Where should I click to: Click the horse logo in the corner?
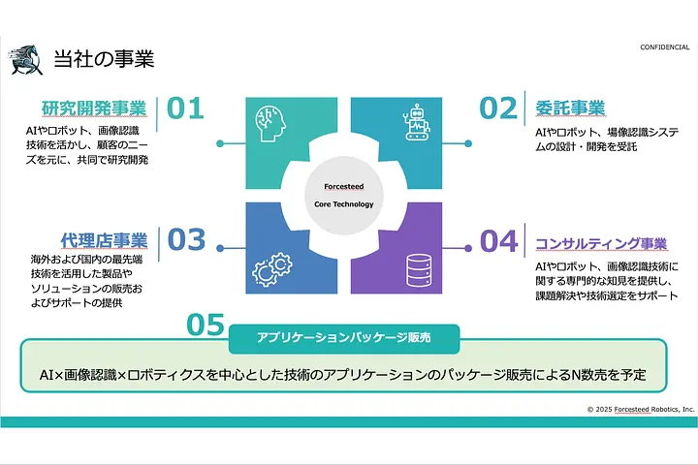[25, 59]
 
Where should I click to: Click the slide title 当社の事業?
[104, 58]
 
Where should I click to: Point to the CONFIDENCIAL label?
[664, 47]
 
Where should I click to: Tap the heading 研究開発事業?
[94, 108]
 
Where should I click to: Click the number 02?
[498, 108]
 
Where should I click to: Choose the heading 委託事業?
[570, 108]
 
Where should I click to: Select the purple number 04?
[498, 239]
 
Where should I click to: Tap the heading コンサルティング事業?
[601, 242]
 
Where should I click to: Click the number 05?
[205, 325]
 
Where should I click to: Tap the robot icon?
[415, 124]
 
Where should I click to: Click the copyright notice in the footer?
[641, 409]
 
